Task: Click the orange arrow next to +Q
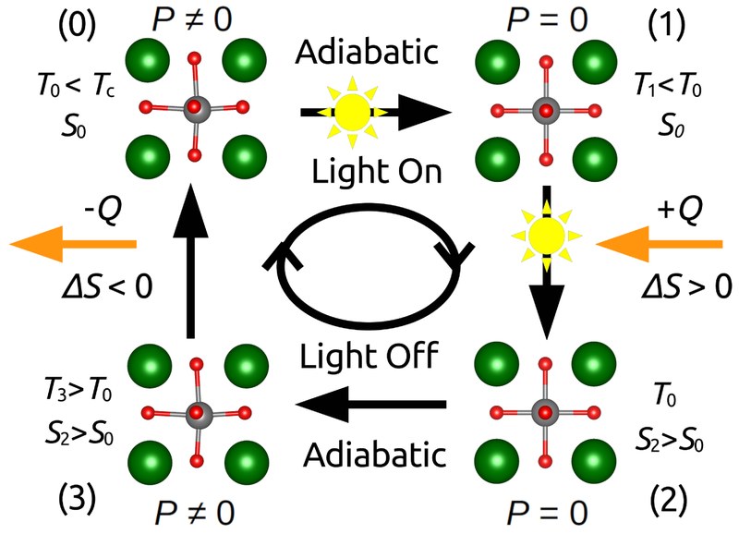tap(660, 244)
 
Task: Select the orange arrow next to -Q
tap(74, 244)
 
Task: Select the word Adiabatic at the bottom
tap(373, 454)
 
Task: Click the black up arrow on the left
tap(192, 258)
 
